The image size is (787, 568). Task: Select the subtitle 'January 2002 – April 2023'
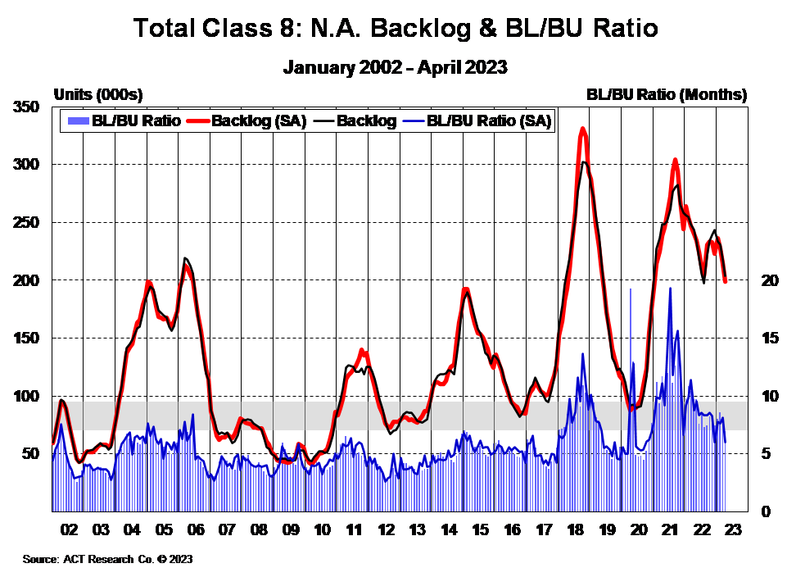tap(396, 67)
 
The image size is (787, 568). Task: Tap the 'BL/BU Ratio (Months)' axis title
tap(667, 94)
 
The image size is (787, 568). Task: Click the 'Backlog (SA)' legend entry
tap(258, 121)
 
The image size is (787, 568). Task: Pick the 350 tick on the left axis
tap(26, 107)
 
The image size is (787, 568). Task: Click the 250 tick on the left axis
tap(26, 223)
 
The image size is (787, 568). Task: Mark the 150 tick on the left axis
tap(26, 338)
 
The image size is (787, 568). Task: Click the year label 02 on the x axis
tap(69, 529)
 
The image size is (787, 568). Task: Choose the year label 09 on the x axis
tap(291, 529)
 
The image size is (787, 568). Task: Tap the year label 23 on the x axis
tap(733, 529)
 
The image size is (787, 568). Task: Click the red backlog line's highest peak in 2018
tap(582, 129)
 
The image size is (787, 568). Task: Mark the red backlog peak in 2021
tap(675, 160)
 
